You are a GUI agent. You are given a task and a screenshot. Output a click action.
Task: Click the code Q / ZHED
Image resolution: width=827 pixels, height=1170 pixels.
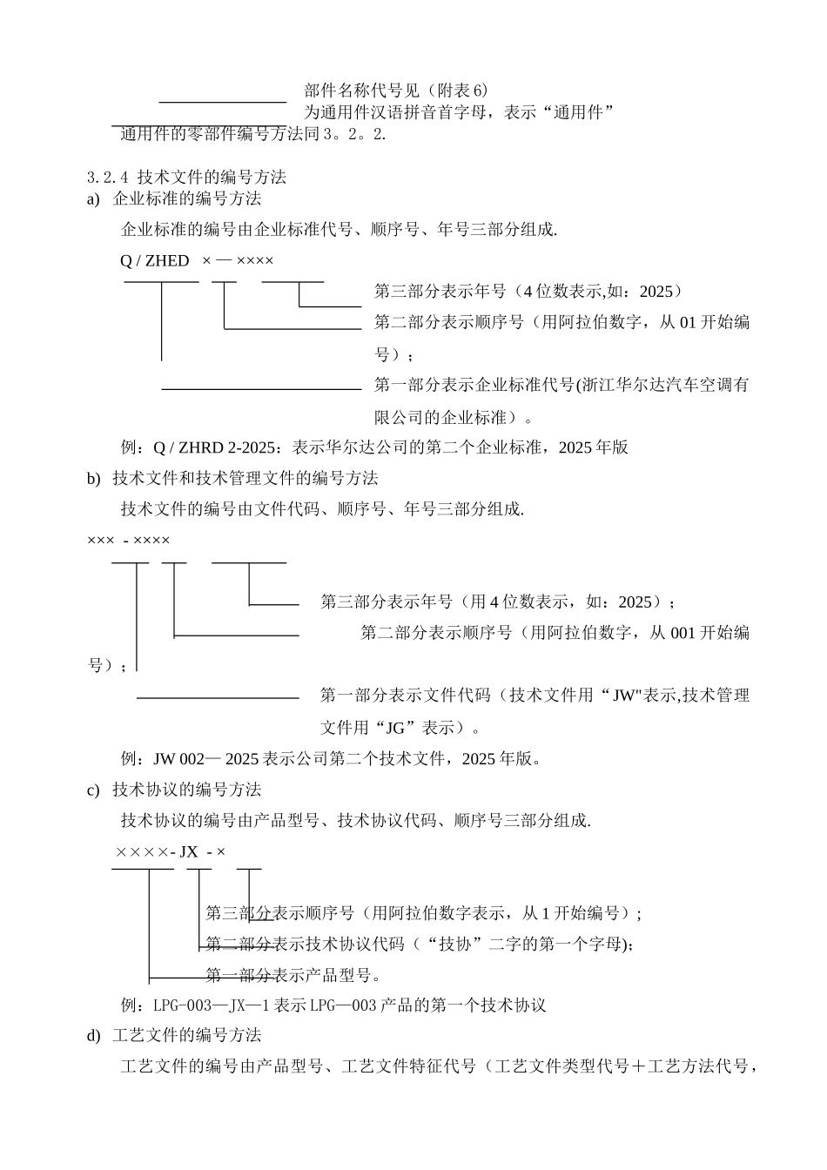(154, 260)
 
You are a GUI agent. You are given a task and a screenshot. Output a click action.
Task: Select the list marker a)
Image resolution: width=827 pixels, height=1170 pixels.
(93, 198)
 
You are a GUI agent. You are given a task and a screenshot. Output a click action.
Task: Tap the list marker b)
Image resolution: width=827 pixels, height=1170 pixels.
(93, 478)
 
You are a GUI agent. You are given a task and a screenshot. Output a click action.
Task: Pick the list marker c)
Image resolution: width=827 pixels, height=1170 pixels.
(93, 790)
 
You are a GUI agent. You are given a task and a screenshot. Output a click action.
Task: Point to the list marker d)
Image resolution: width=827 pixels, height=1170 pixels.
(93, 1035)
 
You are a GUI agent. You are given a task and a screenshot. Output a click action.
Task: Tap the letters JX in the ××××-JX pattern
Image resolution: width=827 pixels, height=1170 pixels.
(188, 851)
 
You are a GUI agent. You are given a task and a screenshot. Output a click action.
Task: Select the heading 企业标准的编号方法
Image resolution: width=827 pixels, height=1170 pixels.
(187, 198)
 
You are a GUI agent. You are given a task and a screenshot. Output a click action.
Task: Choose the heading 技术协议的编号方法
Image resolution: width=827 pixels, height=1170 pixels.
(187, 790)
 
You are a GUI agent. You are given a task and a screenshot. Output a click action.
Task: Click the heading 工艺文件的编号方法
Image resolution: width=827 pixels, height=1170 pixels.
(187, 1035)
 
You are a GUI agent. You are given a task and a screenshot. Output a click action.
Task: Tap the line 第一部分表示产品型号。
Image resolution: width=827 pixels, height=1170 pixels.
(293, 974)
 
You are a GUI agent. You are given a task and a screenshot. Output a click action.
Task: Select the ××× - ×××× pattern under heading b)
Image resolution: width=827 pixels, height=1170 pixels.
(129, 541)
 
